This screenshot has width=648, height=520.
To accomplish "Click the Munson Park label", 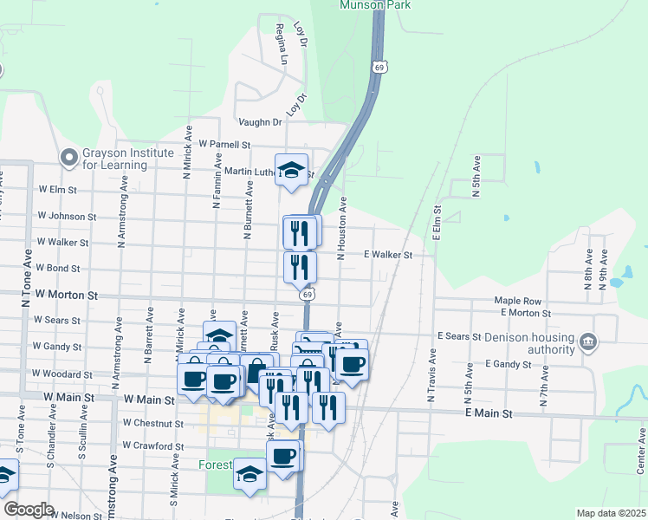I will pyautogui.click(x=375, y=4).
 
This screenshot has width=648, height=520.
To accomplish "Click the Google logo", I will pyautogui.click(x=28, y=510).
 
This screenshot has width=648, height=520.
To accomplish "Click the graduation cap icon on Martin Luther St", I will pyautogui.click(x=292, y=170).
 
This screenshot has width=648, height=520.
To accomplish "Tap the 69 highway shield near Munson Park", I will pyautogui.click(x=379, y=67).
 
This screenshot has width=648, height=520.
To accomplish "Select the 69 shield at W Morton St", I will pyautogui.click(x=308, y=296).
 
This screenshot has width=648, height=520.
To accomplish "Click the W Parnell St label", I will pyautogui.click(x=224, y=144).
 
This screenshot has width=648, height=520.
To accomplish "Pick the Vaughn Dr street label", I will pyautogui.click(x=259, y=122).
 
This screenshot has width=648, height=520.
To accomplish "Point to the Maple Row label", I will pyautogui.click(x=517, y=301).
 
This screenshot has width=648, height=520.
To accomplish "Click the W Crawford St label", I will pyautogui.click(x=153, y=446).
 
